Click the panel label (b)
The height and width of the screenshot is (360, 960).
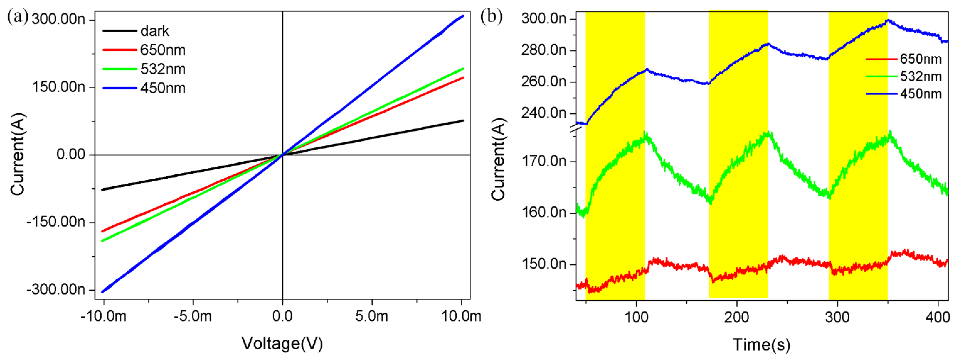[491, 17]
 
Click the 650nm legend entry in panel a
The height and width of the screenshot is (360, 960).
[163, 50]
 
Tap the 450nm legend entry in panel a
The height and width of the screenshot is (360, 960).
[163, 88]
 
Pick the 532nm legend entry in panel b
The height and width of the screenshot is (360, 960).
[920, 76]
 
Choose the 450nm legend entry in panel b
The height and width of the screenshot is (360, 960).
[920, 94]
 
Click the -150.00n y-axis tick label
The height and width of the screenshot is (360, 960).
[56, 222]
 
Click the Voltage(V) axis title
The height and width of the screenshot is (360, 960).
[282, 343]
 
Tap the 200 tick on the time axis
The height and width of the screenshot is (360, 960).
[736, 317]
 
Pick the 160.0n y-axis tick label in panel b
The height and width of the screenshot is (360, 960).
[544, 212]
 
